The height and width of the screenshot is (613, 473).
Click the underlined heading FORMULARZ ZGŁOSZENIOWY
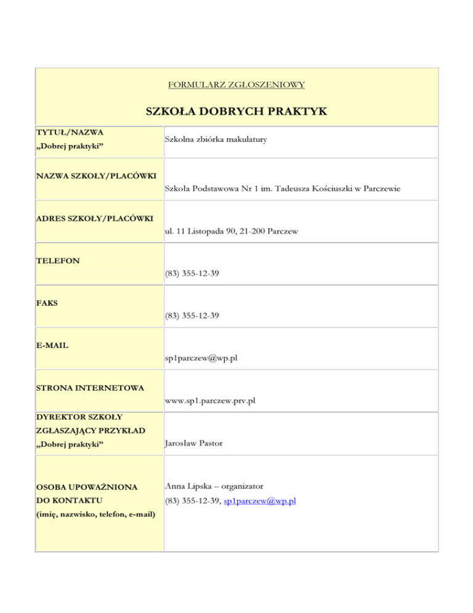(x=236, y=83)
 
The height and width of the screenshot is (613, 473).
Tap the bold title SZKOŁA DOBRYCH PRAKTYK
(x=236, y=112)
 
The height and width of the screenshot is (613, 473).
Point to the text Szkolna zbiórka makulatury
(x=216, y=140)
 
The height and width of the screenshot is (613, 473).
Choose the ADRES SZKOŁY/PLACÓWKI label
(x=94, y=220)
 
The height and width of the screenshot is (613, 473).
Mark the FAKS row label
(x=49, y=304)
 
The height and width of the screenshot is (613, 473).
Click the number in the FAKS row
(x=192, y=315)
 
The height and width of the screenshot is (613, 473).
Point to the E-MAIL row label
(x=52, y=345)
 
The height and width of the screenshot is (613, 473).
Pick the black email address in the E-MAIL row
(x=201, y=358)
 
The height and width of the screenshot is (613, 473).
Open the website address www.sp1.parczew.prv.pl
(x=210, y=400)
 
